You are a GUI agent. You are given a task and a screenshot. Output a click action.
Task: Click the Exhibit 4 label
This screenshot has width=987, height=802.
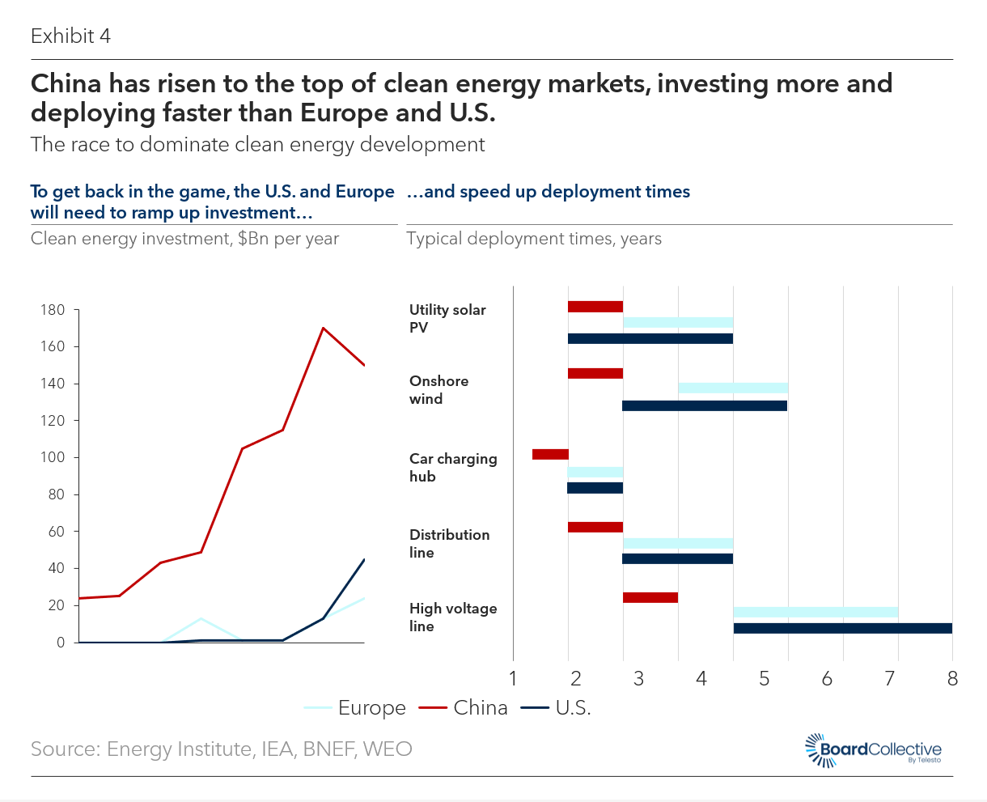[x=70, y=36]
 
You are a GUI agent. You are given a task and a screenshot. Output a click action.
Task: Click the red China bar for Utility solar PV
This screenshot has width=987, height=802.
[x=595, y=307]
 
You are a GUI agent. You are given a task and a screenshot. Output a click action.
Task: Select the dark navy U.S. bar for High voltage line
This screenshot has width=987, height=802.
[x=842, y=628]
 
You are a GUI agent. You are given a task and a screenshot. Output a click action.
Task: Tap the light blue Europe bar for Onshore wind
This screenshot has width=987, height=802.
[x=733, y=388]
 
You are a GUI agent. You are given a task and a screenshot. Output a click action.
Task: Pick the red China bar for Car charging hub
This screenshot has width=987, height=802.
[x=550, y=454]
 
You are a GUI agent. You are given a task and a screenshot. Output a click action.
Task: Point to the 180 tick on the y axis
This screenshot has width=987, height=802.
[x=53, y=310]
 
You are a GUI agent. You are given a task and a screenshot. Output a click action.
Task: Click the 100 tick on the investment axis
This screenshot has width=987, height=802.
[x=53, y=458]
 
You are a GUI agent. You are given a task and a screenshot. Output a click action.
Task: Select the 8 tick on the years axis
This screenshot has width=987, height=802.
[x=952, y=678]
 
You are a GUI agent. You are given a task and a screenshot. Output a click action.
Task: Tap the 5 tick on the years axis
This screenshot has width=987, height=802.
[x=764, y=678]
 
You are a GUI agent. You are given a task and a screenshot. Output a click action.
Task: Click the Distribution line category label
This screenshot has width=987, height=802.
[x=449, y=544]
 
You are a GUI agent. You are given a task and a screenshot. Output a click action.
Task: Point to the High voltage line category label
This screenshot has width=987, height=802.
[x=453, y=617]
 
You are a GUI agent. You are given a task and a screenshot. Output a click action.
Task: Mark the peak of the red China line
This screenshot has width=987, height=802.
[x=324, y=328]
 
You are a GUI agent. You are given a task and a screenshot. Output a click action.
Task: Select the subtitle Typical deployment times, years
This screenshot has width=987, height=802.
[x=534, y=239]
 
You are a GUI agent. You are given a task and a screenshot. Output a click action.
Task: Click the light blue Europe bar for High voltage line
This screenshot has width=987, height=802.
[x=815, y=612]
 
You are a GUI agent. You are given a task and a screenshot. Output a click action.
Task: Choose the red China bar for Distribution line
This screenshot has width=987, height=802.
[x=595, y=527]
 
